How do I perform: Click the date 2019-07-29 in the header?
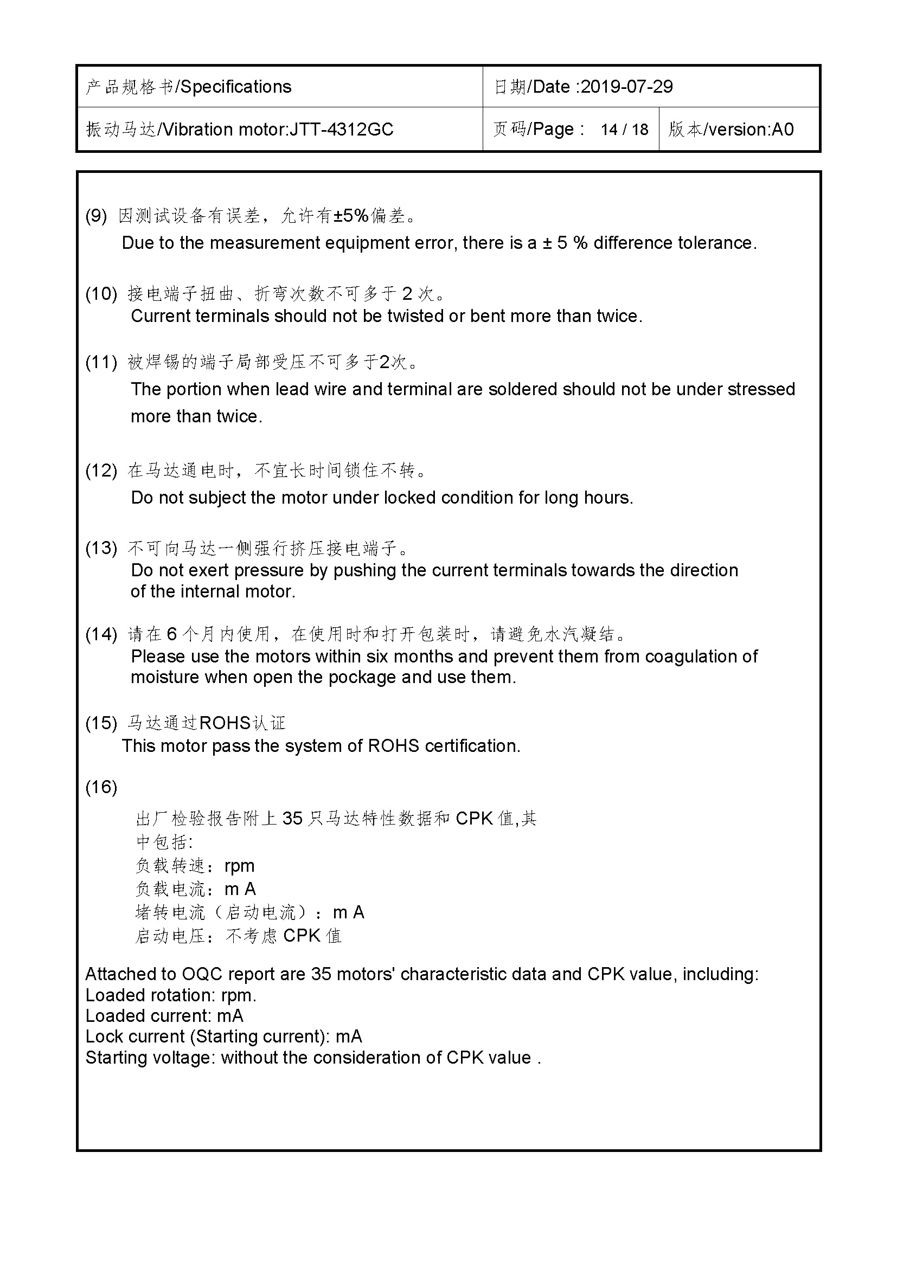pyautogui.click(x=626, y=87)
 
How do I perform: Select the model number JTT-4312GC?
pyautogui.click(x=341, y=129)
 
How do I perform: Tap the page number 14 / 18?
pyautogui.click(x=624, y=129)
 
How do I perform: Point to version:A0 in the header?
pyautogui.click(x=751, y=129)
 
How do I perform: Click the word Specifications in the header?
pyautogui.click(x=236, y=87)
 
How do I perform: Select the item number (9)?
pyautogui.click(x=96, y=215)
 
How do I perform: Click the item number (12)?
pyautogui.click(x=101, y=471)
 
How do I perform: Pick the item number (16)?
pyautogui.click(x=101, y=787)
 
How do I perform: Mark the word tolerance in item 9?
pyautogui.click(x=716, y=243)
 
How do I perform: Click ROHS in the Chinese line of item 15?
pyautogui.click(x=225, y=723)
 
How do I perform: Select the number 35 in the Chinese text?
pyautogui.click(x=292, y=818)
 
